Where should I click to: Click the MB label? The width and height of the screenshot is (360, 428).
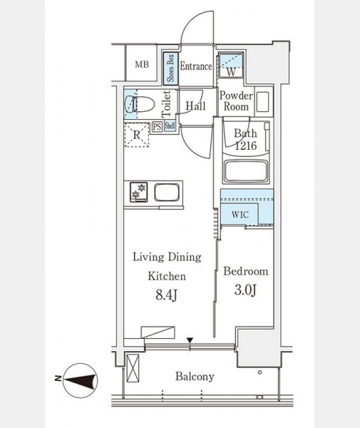142,65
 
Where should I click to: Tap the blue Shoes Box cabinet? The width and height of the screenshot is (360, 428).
170,68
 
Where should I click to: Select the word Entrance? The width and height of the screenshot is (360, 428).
196,66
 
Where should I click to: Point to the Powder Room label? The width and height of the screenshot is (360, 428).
236,101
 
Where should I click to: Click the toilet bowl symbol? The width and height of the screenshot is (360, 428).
139,103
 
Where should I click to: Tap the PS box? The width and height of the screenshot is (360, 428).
157,127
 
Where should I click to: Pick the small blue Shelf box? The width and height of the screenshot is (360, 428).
170,126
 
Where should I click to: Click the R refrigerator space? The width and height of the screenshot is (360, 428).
137,135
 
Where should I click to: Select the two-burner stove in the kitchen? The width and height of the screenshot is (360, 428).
138,192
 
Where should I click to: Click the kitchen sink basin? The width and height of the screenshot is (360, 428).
167,192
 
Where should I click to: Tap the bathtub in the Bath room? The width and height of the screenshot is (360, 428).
246,171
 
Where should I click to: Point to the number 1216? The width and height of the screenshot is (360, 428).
246,146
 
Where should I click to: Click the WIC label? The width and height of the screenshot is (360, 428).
240,215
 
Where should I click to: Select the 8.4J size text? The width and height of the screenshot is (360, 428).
167,295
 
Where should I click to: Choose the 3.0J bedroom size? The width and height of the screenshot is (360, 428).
245,290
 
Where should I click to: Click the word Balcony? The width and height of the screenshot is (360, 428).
195,377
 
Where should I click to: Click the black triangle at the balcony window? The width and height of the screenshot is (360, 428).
190,340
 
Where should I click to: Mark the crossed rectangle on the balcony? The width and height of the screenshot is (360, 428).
133,367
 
